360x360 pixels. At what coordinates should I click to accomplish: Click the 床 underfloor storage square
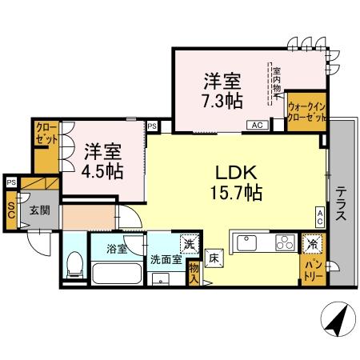pyautogui.click(x=214, y=258)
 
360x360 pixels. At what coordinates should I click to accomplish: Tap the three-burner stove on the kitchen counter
pyautogui.click(x=285, y=242)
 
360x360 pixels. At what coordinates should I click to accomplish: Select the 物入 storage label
pyautogui.click(x=194, y=274)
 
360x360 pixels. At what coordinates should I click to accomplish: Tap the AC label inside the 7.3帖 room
pyautogui.click(x=258, y=126)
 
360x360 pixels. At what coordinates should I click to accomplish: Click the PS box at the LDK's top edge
pyautogui.click(x=152, y=125)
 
